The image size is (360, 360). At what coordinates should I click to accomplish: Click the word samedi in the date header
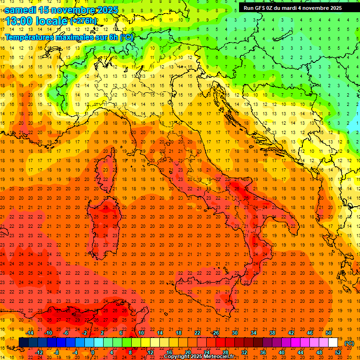click(x=21, y=10)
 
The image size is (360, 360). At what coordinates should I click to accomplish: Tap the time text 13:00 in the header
click(x=19, y=21)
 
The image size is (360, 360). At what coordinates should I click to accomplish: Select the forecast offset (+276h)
click(x=83, y=21)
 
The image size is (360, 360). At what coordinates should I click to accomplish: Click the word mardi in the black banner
click(x=286, y=8)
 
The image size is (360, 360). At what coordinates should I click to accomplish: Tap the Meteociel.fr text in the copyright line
click(x=216, y=357)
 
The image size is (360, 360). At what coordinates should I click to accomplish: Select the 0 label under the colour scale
click(x=93, y=352)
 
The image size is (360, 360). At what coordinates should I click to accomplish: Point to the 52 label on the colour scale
click(x=338, y=352)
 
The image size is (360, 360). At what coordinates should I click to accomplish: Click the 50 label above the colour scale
click(x=329, y=333)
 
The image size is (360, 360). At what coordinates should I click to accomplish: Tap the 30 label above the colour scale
click(x=234, y=333)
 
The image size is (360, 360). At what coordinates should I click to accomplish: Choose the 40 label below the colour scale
click(x=281, y=352)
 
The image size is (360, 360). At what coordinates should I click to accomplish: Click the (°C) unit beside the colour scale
click(x=349, y=343)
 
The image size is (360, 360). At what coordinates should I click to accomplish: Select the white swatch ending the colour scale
click(x=333, y=343)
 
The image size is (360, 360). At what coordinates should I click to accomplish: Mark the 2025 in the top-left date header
click(x=107, y=10)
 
